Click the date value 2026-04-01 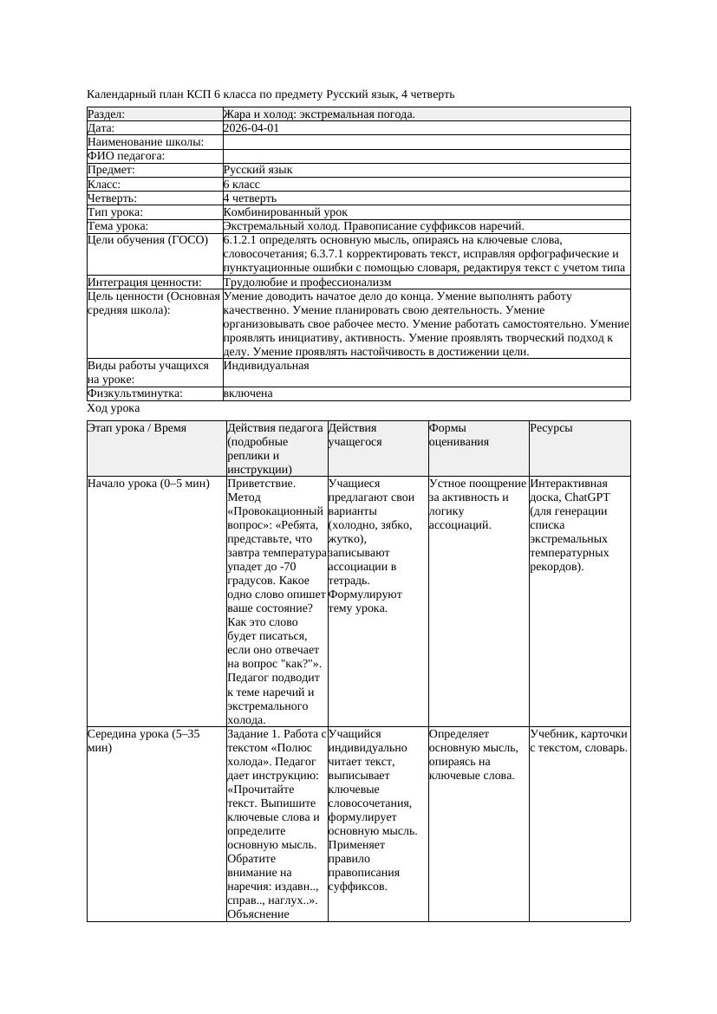[251, 128]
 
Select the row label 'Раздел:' [107, 114]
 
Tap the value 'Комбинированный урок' [285, 212]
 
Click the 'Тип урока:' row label [115, 212]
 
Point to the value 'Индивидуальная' [265, 366]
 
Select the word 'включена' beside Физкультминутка [248, 393]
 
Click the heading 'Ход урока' [114, 408]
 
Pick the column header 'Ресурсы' [551, 428]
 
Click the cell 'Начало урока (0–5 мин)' [148, 484]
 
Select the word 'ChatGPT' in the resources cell [587, 497]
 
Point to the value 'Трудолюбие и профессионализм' [307, 283]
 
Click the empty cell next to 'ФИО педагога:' [426, 156]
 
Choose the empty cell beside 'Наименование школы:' [426, 142]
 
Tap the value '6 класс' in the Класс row [242, 185]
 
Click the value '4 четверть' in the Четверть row [250, 198]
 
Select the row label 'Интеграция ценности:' [144, 283]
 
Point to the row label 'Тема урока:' [118, 226]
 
